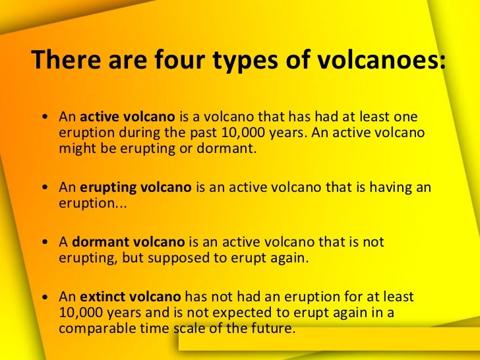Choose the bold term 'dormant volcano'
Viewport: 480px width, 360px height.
[x=129, y=243]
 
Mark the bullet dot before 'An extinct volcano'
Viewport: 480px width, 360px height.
[x=44, y=299]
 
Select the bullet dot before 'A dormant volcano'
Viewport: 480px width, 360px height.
[x=44, y=243]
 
